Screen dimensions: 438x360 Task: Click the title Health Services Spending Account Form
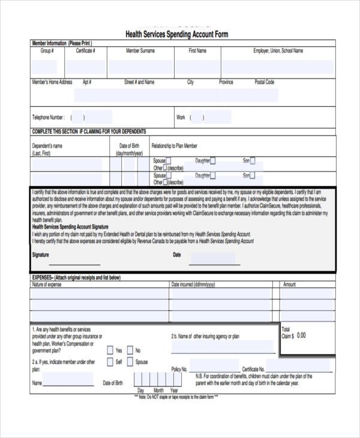pyautogui.click(x=176, y=34)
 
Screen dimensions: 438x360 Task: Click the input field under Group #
pyautogui.click(x=47, y=66)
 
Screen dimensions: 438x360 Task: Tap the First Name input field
pyautogui.click(x=197, y=66)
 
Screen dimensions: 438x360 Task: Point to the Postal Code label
pyautogui.click(x=264, y=82)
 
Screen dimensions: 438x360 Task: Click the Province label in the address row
pyautogui.click(x=226, y=82)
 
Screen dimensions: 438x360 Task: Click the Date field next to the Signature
pyautogui.click(x=215, y=259)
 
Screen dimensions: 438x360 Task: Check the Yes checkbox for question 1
pyautogui.click(x=110, y=350)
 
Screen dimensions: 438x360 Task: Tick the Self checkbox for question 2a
pyautogui.click(x=110, y=362)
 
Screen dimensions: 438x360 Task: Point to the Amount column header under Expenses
pyautogui.click(x=289, y=284)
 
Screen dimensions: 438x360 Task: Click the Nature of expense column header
pyautogui.click(x=46, y=284)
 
